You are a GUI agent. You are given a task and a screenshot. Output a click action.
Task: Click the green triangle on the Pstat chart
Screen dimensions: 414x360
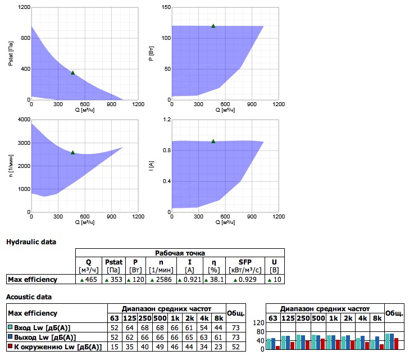[x=73, y=72]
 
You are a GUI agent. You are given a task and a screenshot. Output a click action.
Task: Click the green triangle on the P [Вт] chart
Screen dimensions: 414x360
[x=213, y=26]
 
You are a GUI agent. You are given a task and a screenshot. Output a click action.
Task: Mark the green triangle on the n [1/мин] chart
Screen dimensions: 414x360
[x=73, y=152]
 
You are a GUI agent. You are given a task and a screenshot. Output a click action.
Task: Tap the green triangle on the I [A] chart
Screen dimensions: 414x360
[x=213, y=141]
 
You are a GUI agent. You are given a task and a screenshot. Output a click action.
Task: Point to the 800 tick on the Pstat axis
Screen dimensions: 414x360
[x=26, y=38]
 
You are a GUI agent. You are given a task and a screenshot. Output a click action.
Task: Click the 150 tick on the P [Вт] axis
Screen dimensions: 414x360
[x=166, y=7]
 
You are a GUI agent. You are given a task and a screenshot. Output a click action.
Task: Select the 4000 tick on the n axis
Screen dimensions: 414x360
[x=24, y=119]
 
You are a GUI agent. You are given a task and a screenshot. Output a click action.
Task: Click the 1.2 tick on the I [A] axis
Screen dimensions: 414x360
[x=167, y=119]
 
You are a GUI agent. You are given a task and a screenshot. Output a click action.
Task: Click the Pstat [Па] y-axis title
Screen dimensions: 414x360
[x=11, y=53]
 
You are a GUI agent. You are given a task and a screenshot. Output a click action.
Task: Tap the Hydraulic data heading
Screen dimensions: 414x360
[x=31, y=242]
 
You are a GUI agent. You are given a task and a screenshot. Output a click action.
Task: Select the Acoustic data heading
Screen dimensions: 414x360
[x=29, y=297]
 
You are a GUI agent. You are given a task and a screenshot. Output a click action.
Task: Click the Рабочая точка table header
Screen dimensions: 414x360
[x=180, y=253]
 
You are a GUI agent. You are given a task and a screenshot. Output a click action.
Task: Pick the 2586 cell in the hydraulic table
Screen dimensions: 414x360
[x=161, y=279]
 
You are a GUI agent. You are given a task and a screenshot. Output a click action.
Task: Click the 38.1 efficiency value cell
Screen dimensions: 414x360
[x=214, y=279]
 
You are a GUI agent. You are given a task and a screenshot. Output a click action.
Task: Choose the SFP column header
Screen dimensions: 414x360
[x=245, y=262]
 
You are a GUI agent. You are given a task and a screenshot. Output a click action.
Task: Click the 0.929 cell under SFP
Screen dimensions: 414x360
[x=245, y=279]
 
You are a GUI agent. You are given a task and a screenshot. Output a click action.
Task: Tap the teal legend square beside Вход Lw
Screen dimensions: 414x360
[x=10, y=327]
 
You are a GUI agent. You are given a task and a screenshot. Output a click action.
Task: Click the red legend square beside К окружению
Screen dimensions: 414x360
[x=10, y=346]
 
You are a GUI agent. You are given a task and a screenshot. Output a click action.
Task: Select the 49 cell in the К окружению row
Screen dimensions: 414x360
[x=160, y=347]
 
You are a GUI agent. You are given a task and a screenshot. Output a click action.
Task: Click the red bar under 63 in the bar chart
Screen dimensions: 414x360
[x=277, y=348]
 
